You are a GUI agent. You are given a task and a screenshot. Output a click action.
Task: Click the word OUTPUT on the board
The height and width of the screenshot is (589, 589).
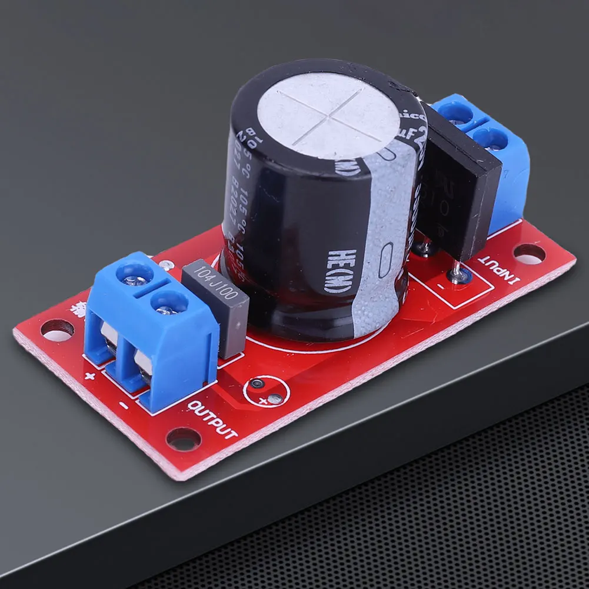click(213, 420)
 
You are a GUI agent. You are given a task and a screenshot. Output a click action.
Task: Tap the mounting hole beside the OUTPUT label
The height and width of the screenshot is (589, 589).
click(183, 438)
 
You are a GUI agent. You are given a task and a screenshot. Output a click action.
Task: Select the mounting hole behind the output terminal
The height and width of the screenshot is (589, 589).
click(57, 330)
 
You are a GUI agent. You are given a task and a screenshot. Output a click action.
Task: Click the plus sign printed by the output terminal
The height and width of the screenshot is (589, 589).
click(90, 377)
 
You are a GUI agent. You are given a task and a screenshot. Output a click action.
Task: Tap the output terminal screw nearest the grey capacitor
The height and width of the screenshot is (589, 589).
click(169, 303)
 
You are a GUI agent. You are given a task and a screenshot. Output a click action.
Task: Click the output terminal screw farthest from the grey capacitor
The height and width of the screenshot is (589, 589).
click(135, 274)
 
